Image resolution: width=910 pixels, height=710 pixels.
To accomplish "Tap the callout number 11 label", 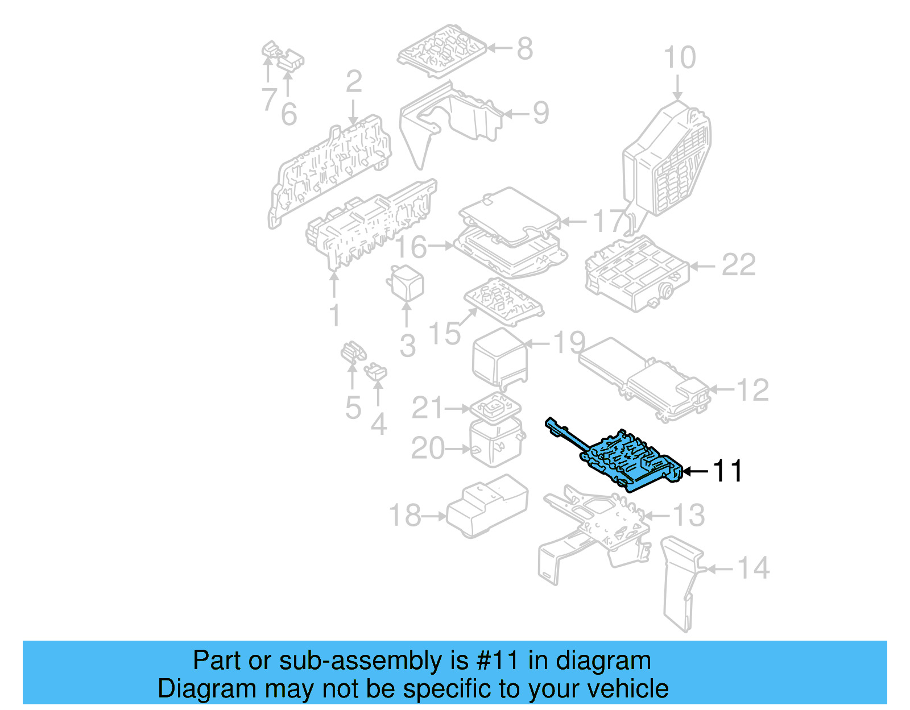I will coord(727,471).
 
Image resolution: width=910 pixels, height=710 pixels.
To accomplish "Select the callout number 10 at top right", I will coord(680,58).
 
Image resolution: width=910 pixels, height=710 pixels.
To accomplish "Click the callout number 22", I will coord(738,265).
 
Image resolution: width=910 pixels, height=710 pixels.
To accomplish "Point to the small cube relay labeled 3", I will coord(406,283).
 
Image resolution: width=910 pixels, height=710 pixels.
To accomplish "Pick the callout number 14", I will coord(753,568).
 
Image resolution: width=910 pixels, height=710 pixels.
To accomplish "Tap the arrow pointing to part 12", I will coord(721,389).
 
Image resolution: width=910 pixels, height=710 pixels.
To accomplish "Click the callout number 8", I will coord(524,48).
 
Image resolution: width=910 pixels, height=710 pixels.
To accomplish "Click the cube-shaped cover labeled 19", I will coord(500,356).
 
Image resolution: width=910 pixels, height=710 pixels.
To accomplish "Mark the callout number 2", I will coord(354,82).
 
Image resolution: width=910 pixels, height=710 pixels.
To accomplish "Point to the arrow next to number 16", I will coord(441,246).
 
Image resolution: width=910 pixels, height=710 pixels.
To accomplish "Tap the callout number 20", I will coord(428,449).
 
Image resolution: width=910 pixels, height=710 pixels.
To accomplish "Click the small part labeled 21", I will coord(495,406).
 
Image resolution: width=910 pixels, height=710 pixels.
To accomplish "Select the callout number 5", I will coord(353,408).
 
